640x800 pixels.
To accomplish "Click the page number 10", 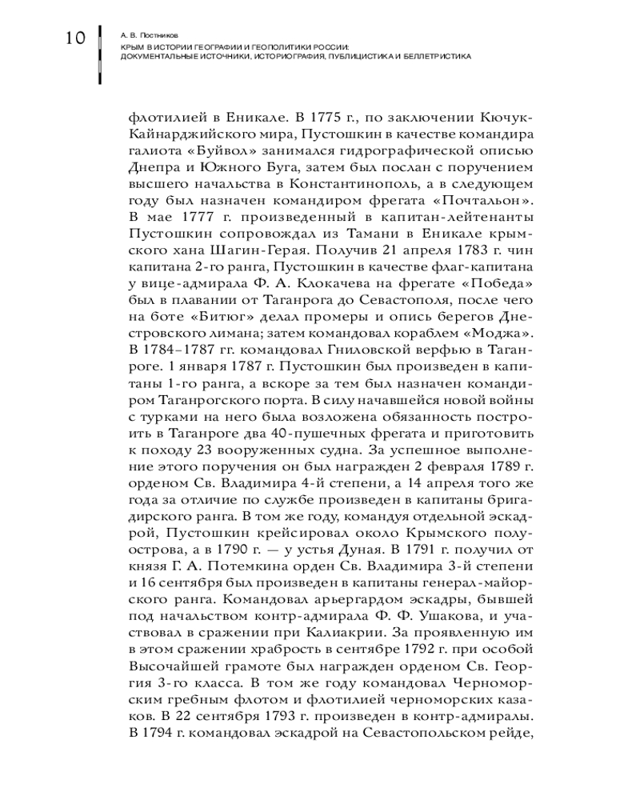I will click(70, 37).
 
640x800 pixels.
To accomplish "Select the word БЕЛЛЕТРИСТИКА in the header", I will click(438, 57).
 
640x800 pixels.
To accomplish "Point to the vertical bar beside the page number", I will click(99, 55).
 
